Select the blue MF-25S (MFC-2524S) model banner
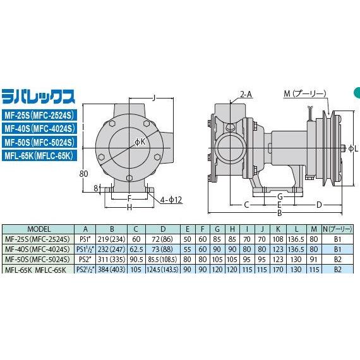[x=39, y=114]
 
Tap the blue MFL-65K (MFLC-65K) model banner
[x=39, y=155]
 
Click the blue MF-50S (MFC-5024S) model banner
[x=39, y=141]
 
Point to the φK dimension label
[x=140, y=143]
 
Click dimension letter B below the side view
[x=279, y=213]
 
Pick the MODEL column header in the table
[x=39, y=229]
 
